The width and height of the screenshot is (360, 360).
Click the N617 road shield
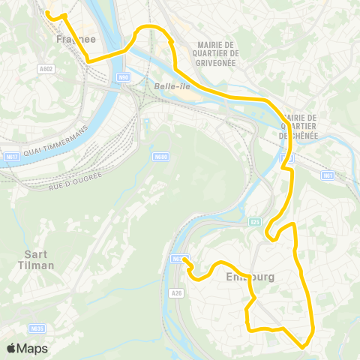pos(10,157)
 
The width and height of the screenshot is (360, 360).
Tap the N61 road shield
pos(327,175)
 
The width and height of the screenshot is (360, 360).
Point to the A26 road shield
pos(176,292)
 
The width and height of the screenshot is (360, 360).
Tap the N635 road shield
pos(37,328)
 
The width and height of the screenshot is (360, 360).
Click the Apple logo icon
pos(12,348)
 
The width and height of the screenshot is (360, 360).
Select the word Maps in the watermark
pos(33,348)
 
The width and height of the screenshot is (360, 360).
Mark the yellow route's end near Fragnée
pos(46,13)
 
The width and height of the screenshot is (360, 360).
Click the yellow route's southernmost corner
pos(302,346)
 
